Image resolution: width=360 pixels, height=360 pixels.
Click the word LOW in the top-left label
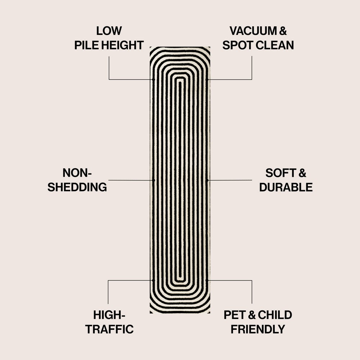(x=109, y=31)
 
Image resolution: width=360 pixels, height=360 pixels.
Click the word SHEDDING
(x=77, y=187)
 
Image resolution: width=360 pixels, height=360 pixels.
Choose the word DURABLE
(x=286, y=187)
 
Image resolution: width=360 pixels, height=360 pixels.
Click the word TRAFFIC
(x=109, y=329)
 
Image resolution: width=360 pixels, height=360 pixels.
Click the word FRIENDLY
(x=258, y=329)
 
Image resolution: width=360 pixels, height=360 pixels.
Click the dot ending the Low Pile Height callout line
(x=153, y=79)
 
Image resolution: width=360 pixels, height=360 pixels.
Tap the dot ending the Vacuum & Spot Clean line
(x=207, y=79)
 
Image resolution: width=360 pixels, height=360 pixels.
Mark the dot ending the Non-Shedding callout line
(x=153, y=180)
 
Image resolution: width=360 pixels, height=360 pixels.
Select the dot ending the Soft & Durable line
(x=207, y=180)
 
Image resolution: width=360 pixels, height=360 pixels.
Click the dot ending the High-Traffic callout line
(x=153, y=280)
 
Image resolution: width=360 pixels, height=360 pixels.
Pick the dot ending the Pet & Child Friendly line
(x=207, y=280)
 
